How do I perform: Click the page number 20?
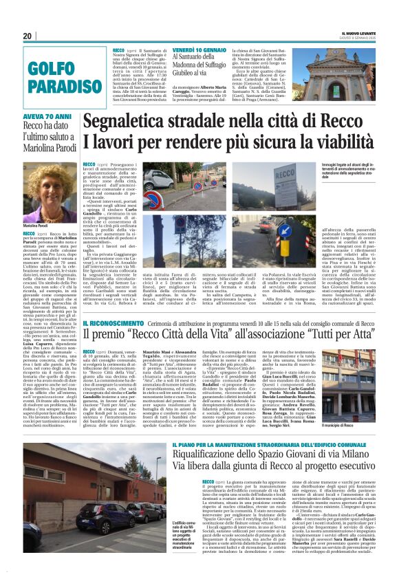coord(28,36)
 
